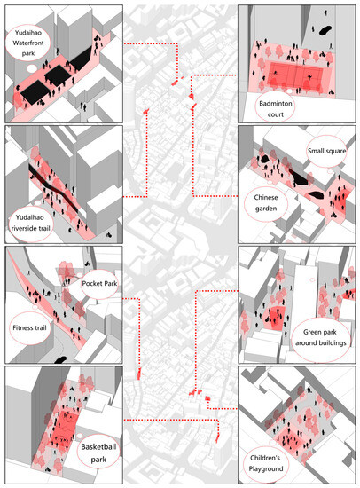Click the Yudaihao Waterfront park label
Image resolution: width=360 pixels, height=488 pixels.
[33, 42]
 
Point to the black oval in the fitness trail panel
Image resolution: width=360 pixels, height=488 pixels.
[60, 358]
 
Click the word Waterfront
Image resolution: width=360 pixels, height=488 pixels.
[33, 42]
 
